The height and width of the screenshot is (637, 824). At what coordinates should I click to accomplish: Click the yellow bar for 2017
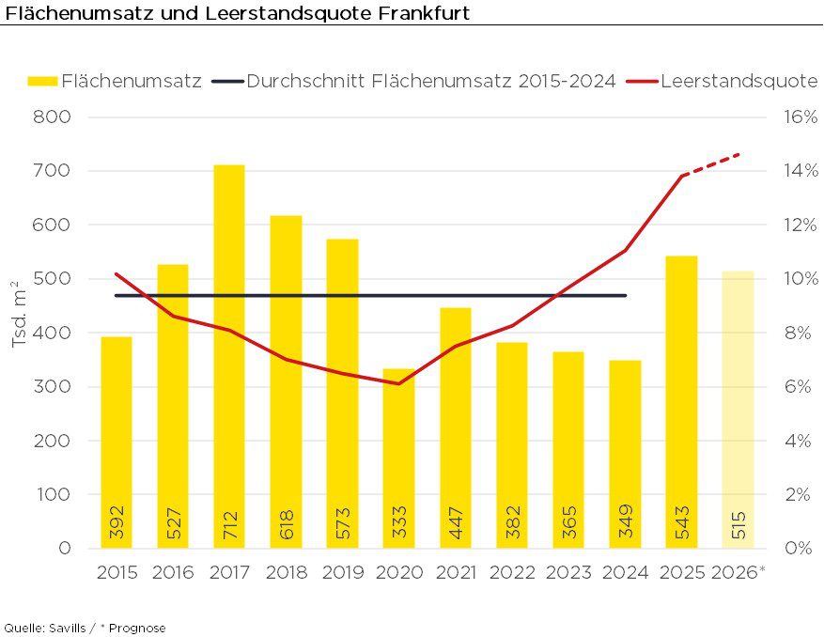coord(228,357)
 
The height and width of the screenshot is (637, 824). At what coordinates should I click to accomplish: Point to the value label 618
coord(286,522)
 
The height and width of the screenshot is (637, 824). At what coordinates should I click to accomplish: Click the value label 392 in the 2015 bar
coord(117,522)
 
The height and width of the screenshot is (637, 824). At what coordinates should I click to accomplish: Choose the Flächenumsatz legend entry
coord(115,82)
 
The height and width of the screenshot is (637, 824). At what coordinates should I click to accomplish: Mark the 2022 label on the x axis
coord(512,572)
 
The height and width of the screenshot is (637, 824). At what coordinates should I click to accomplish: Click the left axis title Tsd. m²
coord(19,314)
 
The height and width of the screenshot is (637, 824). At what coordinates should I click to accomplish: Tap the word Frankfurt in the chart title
coord(419,13)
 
